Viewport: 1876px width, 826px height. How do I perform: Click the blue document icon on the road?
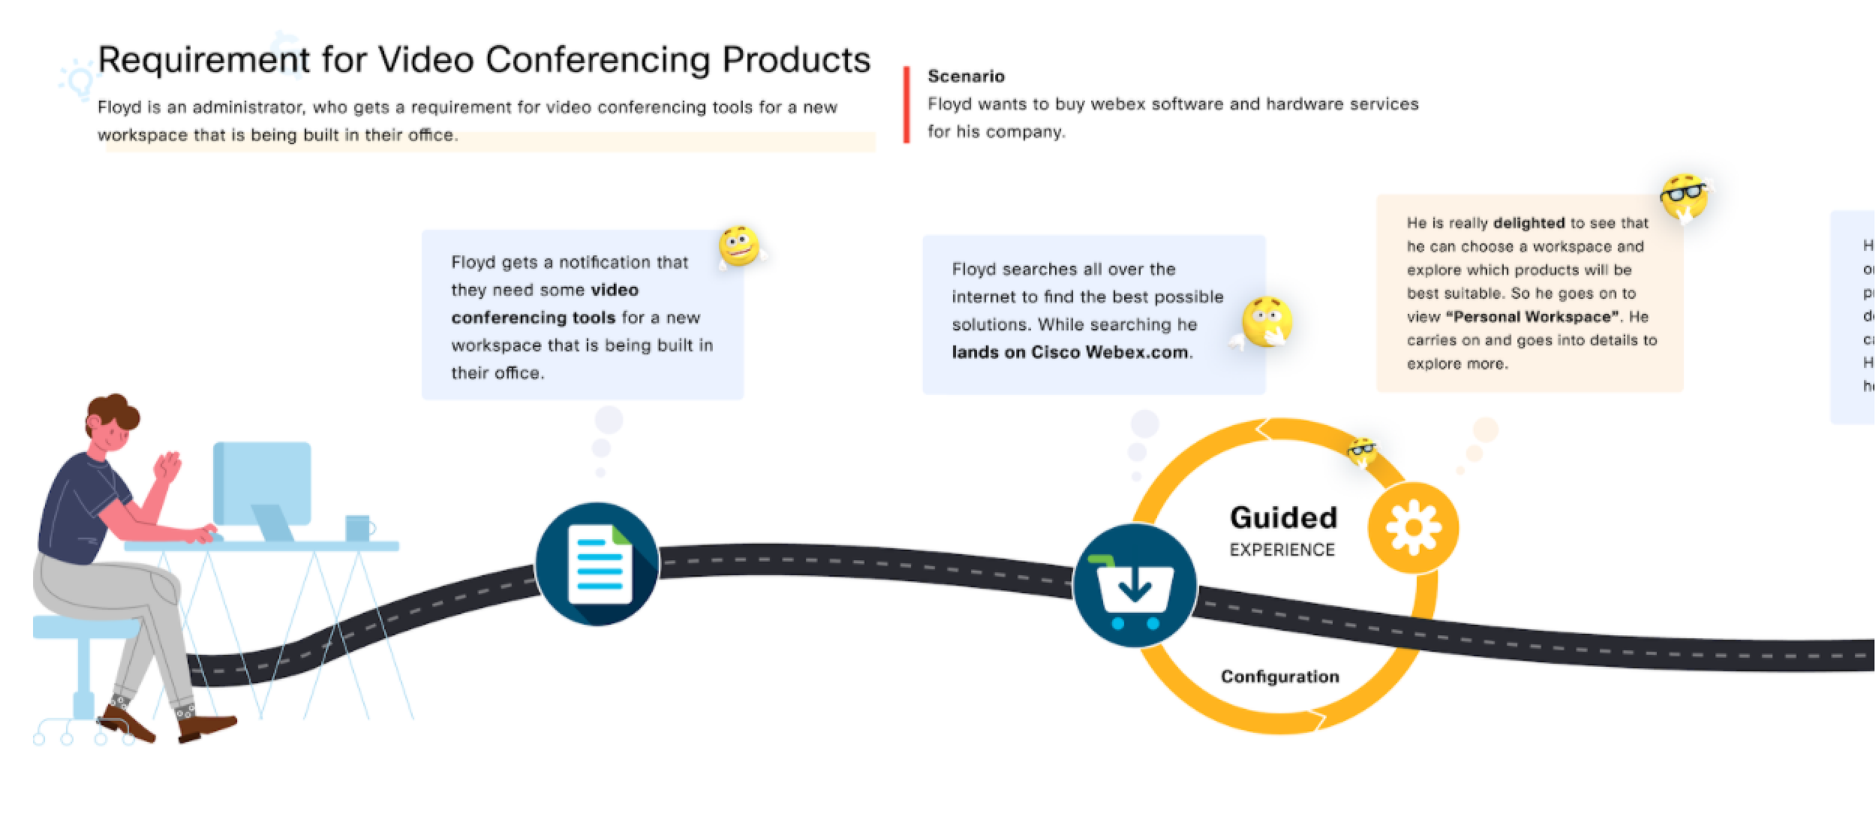pyautogui.click(x=597, y=563)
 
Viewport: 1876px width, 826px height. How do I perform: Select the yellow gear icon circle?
pyautogui.click(x=1413, y=527)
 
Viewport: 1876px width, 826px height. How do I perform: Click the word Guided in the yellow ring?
pyautogui.click(x=1283, y=517)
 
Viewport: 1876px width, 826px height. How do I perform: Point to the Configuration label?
pyautogui.click(x=1279, y=677)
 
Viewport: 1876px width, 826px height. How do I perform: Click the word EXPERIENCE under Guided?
pyautogui.click(x=1282, y=550)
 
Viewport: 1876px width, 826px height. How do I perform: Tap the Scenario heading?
pyautogui.click(x=966, y=76)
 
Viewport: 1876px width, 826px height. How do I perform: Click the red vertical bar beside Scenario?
pyautogui.click(x=906, y=104)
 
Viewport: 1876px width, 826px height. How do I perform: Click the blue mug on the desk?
pyautogui.click(x=358, y=527)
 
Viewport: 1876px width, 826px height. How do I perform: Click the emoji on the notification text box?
pyautogui.click(x=739, y=246)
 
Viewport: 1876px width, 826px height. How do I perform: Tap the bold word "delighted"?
pyautogui.click(x=1529, y=223)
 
